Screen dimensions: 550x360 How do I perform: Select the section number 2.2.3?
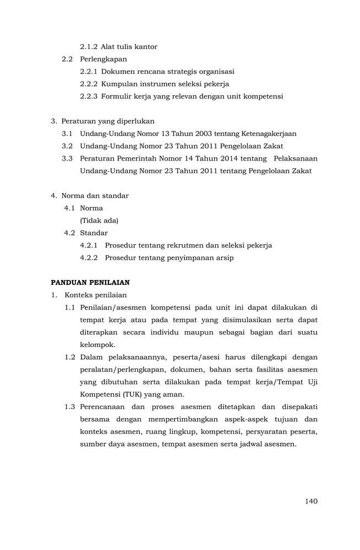[89, 96]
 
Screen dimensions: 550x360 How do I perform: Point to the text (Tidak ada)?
[99, 220]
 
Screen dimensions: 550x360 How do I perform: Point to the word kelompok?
[98, 345]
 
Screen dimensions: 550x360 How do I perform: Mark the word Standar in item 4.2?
[94, 233]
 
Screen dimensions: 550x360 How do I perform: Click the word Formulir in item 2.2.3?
[116, 96]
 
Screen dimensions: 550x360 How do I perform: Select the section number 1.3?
[69, 407]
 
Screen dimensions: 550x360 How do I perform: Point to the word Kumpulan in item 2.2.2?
[117, 84]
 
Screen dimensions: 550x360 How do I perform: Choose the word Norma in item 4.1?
[91, 208]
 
